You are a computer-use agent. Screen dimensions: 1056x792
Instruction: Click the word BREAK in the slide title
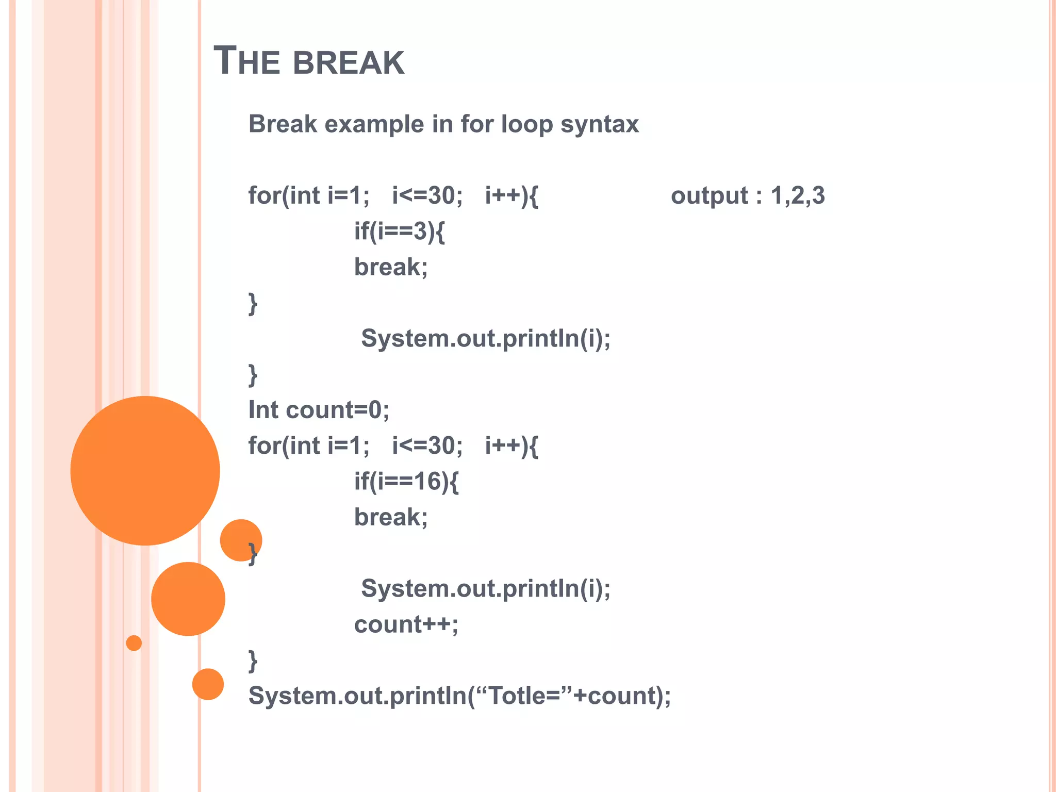pos(349,62)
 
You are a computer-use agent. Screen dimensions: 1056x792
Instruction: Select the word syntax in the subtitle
pos(600,124)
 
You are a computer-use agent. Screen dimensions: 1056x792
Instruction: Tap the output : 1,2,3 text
pos(747,196)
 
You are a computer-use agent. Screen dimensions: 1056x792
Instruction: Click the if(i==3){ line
pos(399,232)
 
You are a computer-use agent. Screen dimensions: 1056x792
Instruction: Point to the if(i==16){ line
pos(406,482)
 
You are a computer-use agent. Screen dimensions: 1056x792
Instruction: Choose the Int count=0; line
pos(319,410)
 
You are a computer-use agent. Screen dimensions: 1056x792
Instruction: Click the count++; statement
pos(406,625)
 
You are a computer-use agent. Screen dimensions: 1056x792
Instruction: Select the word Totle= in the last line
pos(524,696)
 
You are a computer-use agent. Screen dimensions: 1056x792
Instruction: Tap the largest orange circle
pos(145,470)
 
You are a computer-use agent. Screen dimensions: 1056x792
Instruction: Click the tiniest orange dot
pos(134,643)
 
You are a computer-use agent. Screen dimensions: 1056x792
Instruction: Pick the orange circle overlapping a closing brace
pos(240,540)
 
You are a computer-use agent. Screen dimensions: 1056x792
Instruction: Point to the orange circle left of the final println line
pos(208,684)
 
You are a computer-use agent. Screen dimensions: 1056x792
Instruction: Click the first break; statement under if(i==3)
pos(390,267)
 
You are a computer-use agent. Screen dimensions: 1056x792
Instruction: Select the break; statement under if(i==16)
pos(390,517)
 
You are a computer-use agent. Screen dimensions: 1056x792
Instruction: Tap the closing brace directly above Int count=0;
pos(253,375)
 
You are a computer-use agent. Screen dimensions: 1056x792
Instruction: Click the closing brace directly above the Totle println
pos(253,661)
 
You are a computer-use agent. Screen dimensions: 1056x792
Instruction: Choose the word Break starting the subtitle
pos(283,124)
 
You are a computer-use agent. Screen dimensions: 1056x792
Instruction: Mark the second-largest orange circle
pos(188,599)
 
